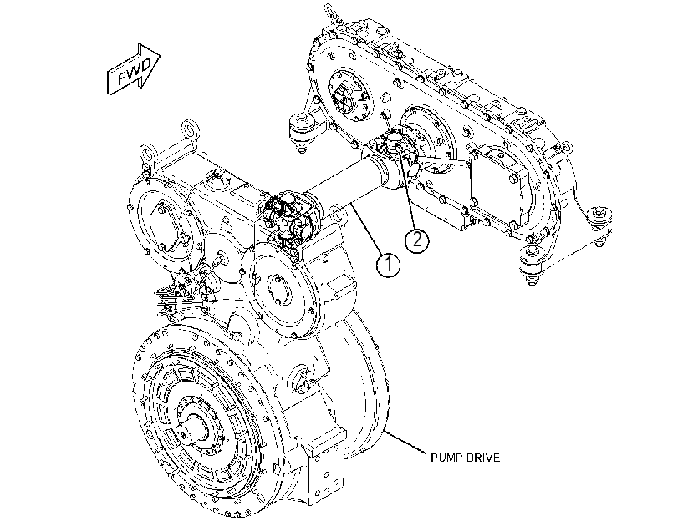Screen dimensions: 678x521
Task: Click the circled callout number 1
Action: tap(388, 264)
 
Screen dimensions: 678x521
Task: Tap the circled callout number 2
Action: tap(417, 240)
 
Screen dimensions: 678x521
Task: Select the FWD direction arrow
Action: tap(133, 69)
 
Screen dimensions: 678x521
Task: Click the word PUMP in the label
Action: tap(447, 458)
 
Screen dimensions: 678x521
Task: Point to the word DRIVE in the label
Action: tap(483, 458)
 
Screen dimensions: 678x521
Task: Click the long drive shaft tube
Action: tap(346, 181)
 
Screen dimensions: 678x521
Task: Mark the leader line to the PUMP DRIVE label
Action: tap(405, 442)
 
